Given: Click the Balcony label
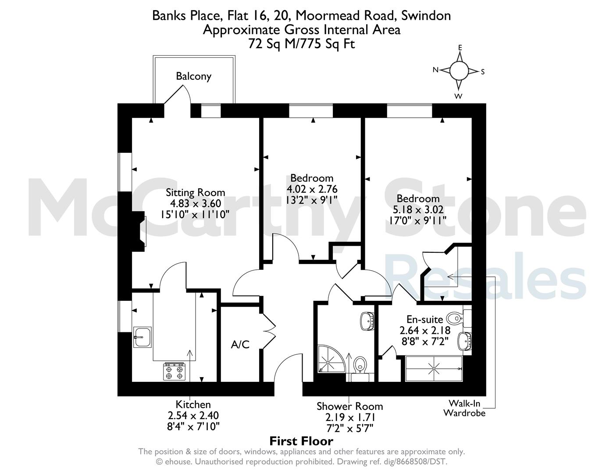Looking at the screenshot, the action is tap(193, 76).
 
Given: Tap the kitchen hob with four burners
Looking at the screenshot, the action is tap(175, 371).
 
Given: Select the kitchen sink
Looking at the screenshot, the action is tap(143, 337).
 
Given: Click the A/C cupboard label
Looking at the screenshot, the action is tap(240, 345).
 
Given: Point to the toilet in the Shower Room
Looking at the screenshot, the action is tap(360, 366).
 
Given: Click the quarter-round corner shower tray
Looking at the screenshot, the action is tap(330, 359).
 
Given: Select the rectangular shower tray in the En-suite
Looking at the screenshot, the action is tap(434, 369).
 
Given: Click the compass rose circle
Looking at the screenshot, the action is tap(459, 71).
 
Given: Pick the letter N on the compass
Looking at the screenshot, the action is tap(435, 70).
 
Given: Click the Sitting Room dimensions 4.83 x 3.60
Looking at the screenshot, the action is tap(196, 203).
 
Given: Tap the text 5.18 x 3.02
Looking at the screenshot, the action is tap(418, 210).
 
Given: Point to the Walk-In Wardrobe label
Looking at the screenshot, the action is tap(464, 408).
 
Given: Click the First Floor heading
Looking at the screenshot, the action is tap(301, 441).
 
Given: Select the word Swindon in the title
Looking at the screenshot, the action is tap(426, 15).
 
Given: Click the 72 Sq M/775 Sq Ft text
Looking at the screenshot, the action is tap(301, 44).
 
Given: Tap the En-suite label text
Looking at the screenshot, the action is tap(424, 319).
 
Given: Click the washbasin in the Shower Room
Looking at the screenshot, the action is tap(367, 321).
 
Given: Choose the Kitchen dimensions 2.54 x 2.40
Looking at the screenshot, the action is tap(193, 416).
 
